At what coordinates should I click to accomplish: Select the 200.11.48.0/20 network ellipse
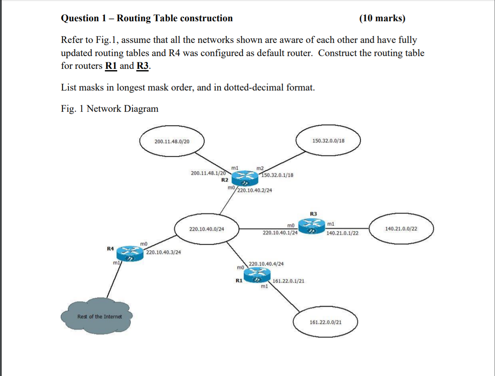172,141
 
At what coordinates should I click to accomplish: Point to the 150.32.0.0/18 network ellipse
328,141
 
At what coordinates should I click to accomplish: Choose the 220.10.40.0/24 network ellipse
207,229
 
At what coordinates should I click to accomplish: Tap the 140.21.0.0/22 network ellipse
401,229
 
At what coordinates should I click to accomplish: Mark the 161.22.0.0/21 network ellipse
326,322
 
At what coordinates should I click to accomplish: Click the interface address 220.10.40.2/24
255,191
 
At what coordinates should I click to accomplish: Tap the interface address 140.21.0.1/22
342,233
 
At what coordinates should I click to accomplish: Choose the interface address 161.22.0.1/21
288,281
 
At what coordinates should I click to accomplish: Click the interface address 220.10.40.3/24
164,252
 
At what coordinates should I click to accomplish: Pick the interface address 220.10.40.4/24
266,264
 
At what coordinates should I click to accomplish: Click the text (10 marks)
382,18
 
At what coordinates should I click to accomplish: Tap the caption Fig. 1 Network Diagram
110,109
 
